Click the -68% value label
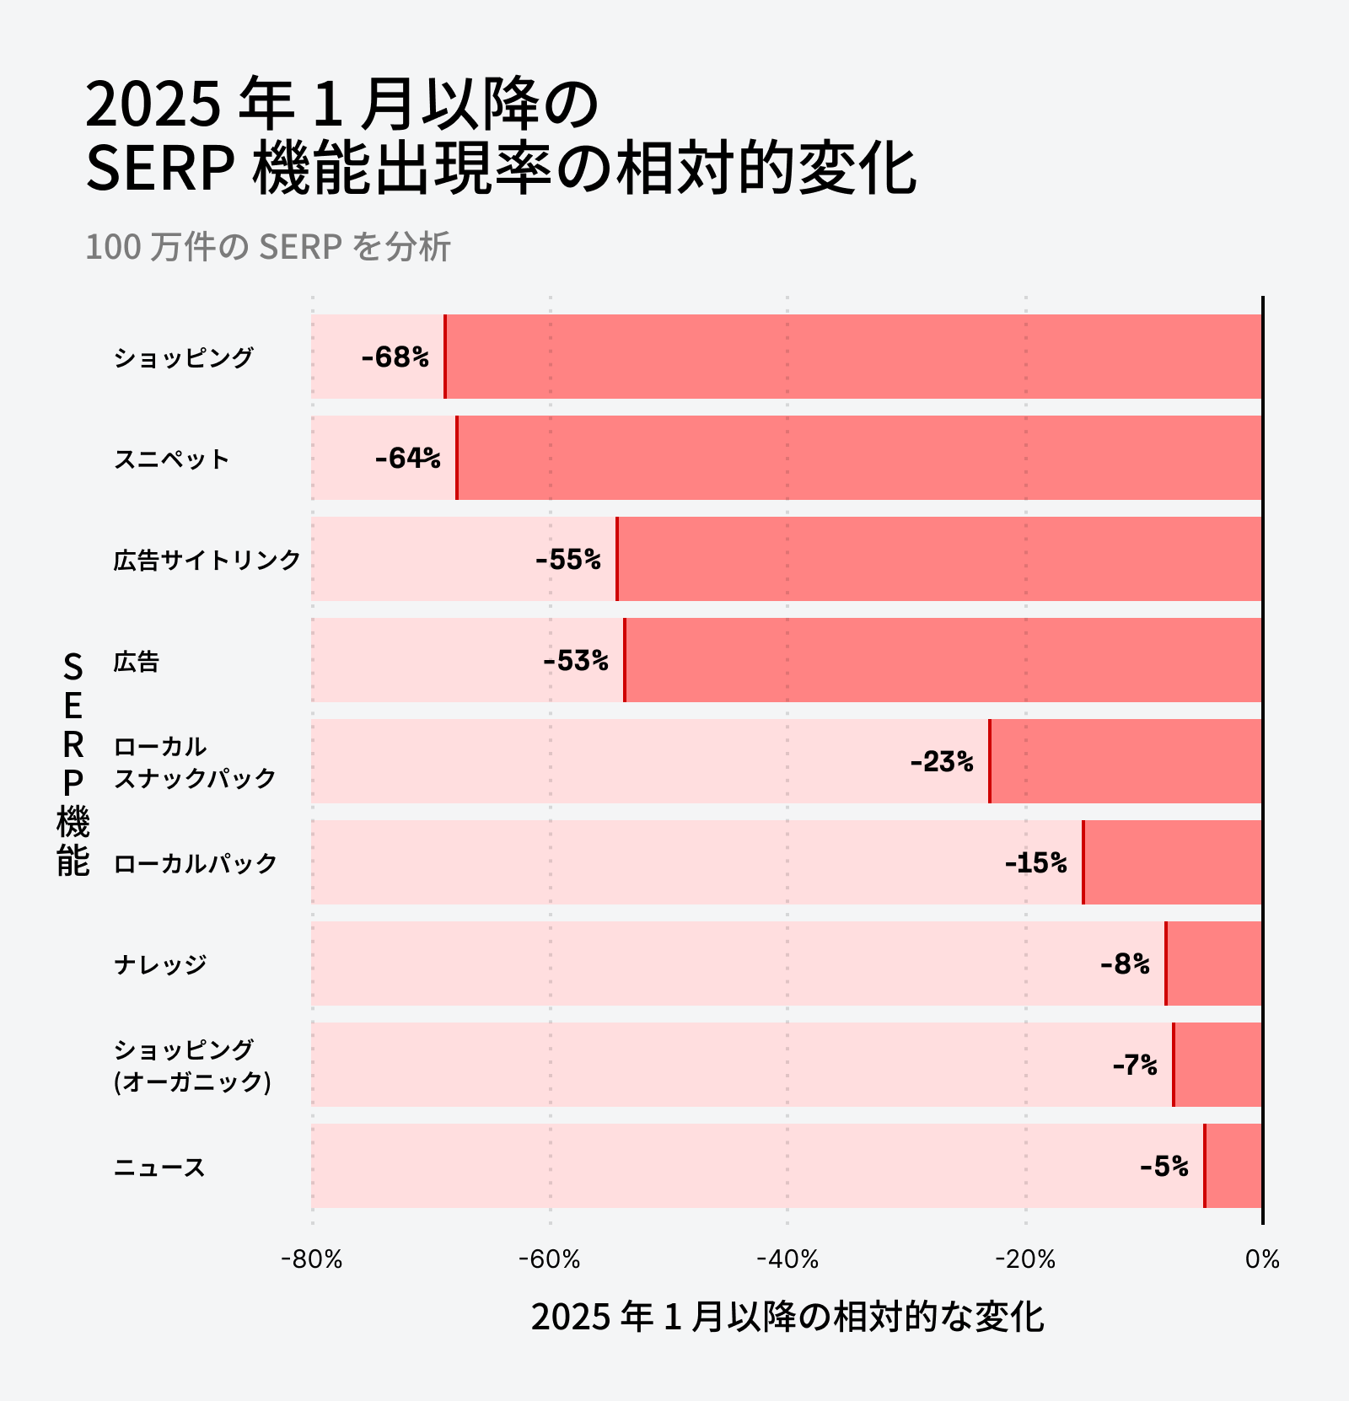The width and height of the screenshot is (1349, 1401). tap(395, 357)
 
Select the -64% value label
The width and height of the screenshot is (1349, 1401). tap(407, 459)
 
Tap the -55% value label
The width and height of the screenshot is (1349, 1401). tap(567, 560)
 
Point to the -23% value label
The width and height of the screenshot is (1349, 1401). tap(941, 762)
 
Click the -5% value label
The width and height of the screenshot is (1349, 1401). tap(1164, 1167)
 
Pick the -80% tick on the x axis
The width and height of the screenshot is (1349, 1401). tap(312, 1259)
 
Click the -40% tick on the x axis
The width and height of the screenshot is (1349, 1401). tap(787, 1259)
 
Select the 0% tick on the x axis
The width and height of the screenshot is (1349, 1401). tap(1262, 1259)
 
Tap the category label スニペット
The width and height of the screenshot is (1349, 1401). tap(172, 459)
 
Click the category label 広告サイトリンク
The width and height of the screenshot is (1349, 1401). tap(207, 561)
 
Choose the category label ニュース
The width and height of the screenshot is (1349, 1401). tap(159, 1167)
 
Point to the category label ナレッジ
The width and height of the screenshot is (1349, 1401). tap(160, 964)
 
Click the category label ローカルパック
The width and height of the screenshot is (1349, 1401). tap(195, 864)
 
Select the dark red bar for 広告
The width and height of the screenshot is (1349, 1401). tap(943, 660)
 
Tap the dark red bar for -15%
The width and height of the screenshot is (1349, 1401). tap(1172, 862)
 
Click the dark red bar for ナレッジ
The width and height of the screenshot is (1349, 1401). tap(1213, 964)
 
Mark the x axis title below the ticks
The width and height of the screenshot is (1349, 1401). tap(787, 1317)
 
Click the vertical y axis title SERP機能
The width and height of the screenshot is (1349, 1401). tap(73, 764)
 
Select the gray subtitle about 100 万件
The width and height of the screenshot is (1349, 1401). tap(268, 247)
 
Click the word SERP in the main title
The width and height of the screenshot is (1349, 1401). tap(159, 169)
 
